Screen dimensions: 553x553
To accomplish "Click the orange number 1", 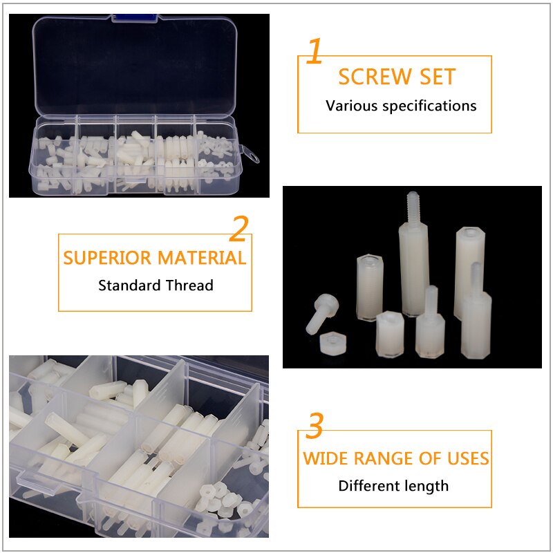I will click(x=315, y=52).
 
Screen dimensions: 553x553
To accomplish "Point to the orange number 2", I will click(x=238, y=229).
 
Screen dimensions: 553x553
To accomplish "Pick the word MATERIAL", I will click(x=202, y=258).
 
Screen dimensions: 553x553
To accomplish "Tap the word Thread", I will click(x=189, y=285).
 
